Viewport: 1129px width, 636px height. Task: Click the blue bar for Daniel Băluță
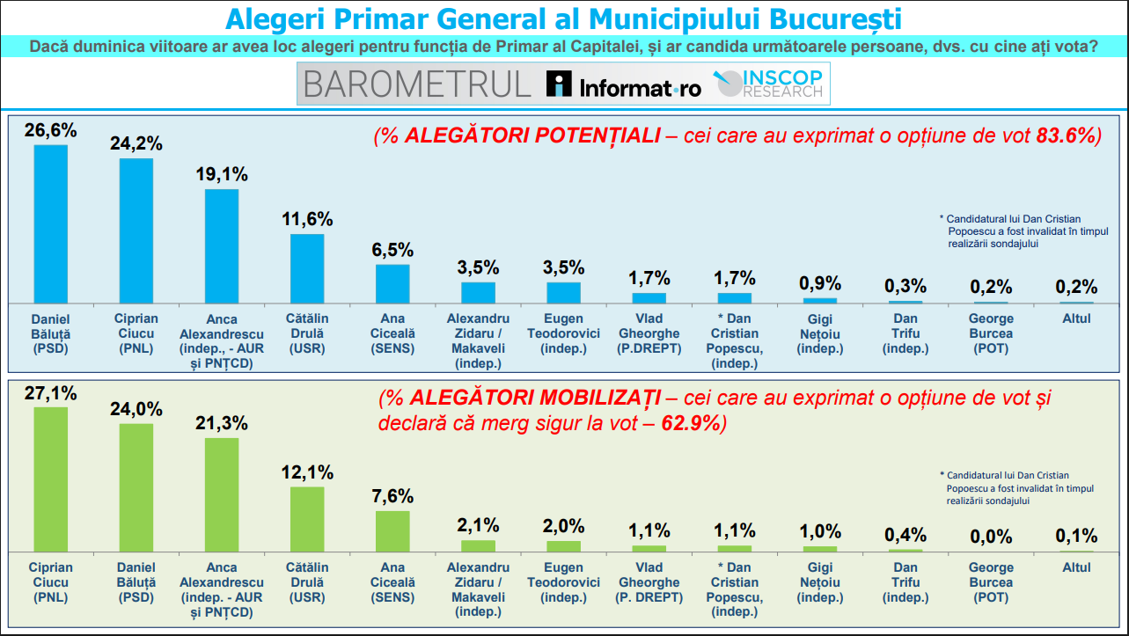51,223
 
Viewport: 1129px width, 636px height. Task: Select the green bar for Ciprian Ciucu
51,479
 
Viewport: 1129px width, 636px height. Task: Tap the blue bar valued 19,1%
222,246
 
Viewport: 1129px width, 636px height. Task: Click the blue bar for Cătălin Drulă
307,268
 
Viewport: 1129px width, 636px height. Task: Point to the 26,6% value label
51,131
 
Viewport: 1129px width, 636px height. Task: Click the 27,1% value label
51,393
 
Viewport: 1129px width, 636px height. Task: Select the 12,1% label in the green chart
307,472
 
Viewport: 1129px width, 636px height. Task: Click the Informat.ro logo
623,84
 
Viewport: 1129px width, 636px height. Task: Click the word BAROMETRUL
417,84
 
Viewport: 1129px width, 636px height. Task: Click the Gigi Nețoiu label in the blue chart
819,333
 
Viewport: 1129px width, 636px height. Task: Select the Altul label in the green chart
1076,567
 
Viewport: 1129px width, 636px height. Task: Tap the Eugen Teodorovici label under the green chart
563,582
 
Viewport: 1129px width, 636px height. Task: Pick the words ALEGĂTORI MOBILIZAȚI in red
536,398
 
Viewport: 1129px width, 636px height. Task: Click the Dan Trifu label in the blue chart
905,333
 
